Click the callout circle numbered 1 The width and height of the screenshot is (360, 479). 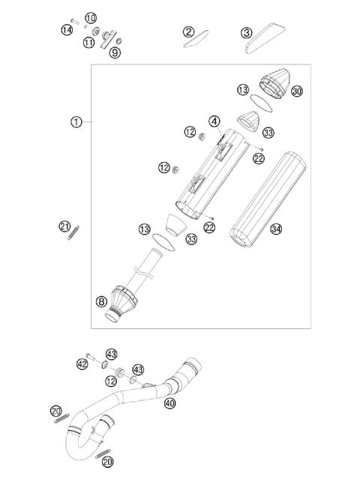coord(76,121)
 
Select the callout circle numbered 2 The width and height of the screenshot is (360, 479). coord(188,31)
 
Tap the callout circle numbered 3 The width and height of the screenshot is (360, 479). coord(246,32)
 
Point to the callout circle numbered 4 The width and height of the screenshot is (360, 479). coord(214,121)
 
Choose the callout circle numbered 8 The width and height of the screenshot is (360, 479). coord(101,301)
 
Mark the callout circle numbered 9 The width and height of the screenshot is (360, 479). coord(115,52)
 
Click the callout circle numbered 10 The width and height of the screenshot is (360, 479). coord(91,17)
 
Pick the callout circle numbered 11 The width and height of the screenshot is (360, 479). coord(89,43)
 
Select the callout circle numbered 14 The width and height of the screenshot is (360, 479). coord(67,29)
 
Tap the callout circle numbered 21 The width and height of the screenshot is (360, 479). coord(64,226)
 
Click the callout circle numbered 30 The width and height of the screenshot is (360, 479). coord(297,91)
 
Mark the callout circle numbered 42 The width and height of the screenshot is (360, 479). coord(83,364)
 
